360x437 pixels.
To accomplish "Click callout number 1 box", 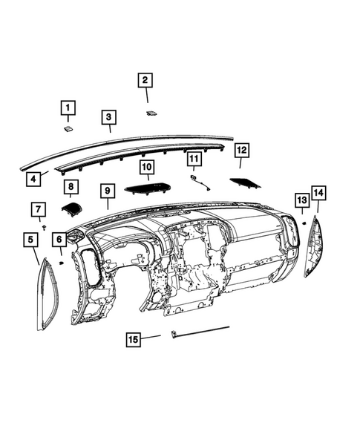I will click(68, 109).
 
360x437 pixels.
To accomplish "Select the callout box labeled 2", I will click(145, 80).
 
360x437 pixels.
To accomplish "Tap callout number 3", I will click(108, 117).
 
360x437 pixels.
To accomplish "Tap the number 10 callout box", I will click(146, 168).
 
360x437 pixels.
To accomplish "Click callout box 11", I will click(194, 159).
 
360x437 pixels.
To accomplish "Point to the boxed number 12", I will click(240, 151).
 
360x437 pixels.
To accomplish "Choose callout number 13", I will click(301, 200).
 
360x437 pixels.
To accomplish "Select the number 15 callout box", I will click(133, 339).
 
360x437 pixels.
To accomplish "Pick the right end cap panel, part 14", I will click(314, 245).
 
